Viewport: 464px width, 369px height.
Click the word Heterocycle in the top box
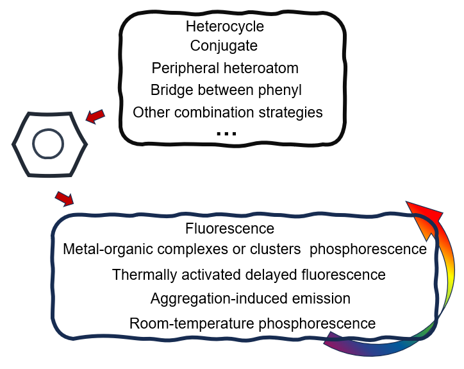click(224, 27)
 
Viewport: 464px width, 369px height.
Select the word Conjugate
click(224, 46)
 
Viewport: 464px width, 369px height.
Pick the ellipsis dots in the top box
click(226, 133)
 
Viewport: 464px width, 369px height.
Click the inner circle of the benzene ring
click(49, 144)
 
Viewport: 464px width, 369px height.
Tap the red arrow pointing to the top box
click(95, 116)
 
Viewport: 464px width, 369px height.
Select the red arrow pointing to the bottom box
click(64, 199)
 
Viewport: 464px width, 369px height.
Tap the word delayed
click(272, 275)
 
